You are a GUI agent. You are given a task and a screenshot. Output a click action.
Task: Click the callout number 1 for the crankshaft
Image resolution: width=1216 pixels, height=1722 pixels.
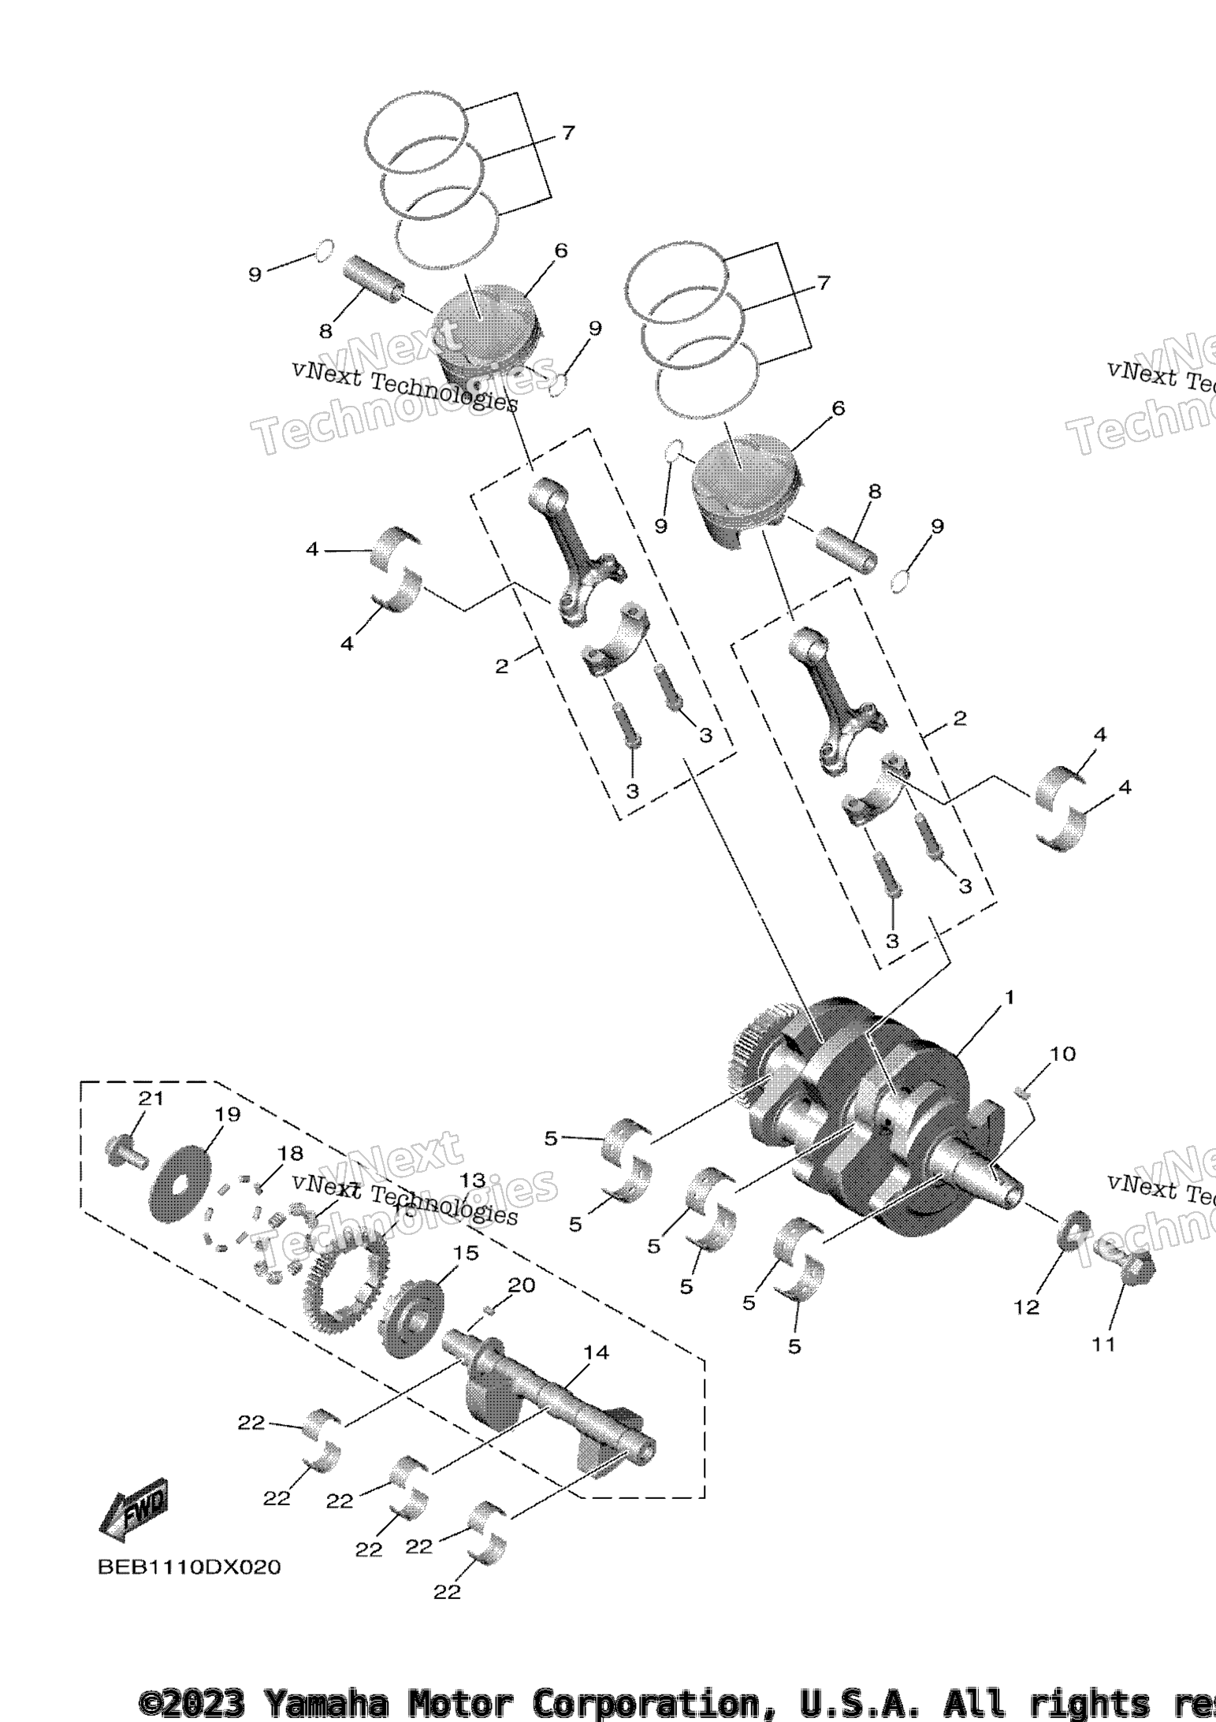pos(1009,998)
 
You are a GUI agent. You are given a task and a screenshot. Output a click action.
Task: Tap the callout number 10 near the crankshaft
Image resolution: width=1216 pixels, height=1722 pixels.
pos(1062,1054)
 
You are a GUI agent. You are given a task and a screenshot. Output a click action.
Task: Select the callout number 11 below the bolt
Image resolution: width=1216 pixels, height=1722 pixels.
pos(1103,1344)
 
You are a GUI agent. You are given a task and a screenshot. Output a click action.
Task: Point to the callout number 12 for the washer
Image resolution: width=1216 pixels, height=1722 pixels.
pos(1026,1307)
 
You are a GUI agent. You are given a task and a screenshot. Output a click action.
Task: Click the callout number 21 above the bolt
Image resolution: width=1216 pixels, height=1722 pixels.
pos(151,1098)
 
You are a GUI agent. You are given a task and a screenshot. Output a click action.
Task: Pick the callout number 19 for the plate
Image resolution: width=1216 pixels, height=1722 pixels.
pos(227,1114)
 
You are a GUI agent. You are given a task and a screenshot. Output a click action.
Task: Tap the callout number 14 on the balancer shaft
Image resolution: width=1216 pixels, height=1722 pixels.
pos(596,1352)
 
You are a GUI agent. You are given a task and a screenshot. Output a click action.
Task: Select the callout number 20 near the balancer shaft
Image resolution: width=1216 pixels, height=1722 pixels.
pos(521,1285)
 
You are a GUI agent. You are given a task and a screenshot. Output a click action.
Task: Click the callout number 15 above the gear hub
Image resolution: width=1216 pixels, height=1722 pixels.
pos(465,1252)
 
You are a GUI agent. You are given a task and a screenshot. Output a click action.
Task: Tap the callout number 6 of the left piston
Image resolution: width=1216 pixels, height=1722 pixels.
pos(560,251)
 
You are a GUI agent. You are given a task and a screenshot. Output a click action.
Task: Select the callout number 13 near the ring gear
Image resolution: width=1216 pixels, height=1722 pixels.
pos(473,1180)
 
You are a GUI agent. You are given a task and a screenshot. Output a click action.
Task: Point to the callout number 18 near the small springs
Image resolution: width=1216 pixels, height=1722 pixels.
pos(290,1154)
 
